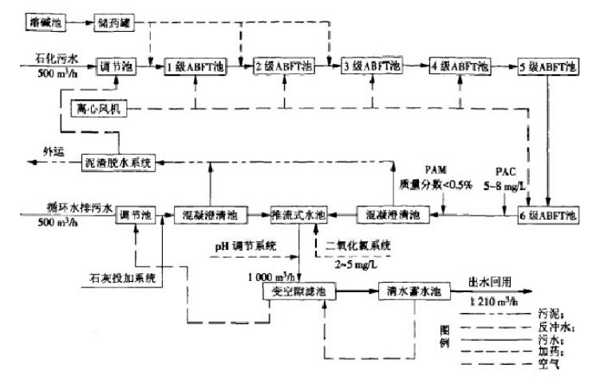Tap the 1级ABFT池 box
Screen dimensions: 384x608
(x=196, y=67)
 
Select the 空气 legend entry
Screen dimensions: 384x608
(x=545, y=366)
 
